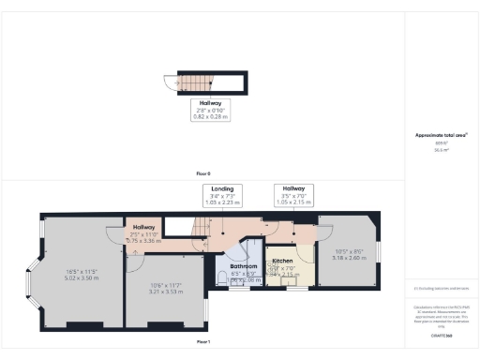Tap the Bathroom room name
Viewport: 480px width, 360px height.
[x=244, y=266]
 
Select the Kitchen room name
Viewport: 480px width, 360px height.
[x=283, y=260]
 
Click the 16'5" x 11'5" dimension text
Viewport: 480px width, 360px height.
[x=82, y=274]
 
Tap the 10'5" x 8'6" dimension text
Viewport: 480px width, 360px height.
[x=349, y=254]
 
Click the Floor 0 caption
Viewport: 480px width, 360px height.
[x=202, y=174]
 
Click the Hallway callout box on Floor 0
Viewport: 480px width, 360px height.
[x=209, y=109]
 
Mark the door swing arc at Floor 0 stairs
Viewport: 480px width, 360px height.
[x=173, y=83]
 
